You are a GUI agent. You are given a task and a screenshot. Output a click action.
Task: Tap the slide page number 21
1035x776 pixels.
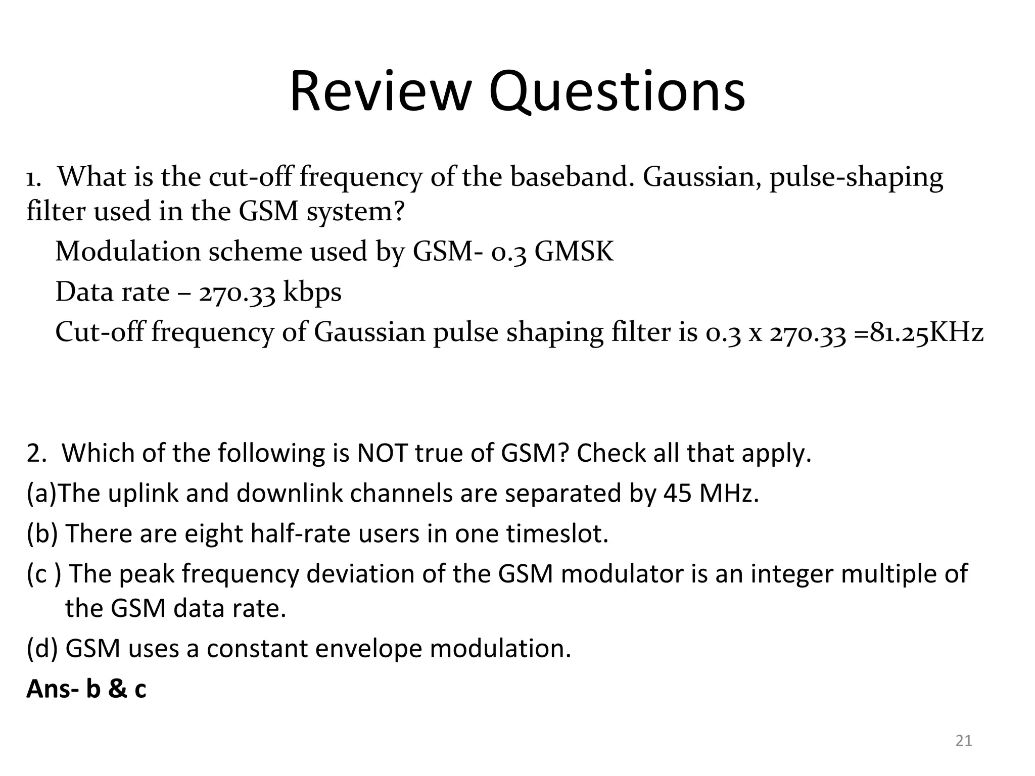pyautogui.click(x=964, y=741)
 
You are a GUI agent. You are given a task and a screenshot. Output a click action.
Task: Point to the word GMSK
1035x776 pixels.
pyautogui.click(x=574, y=251)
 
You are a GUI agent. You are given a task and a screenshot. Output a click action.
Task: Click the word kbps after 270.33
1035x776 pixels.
pyautogui.click(x=312, y=292)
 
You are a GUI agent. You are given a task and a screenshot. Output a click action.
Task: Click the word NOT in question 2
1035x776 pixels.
pyautogui.click(x=382, y=453)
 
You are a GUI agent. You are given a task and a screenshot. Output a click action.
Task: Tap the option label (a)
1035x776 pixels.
pyautogui.click(x=41, y=493)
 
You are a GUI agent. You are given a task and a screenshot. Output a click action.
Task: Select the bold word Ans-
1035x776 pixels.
pyautogui.click(x=53, y=689)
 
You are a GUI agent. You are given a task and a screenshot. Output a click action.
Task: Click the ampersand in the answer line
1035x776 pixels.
pyautogui.click(x=117, y=689)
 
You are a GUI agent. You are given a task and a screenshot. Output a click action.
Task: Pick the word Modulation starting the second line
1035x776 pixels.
pyautogui.click(x=128, y=251)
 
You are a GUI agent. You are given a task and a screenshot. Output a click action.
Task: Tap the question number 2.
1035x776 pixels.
pyautogui.click(x=35, y=453)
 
